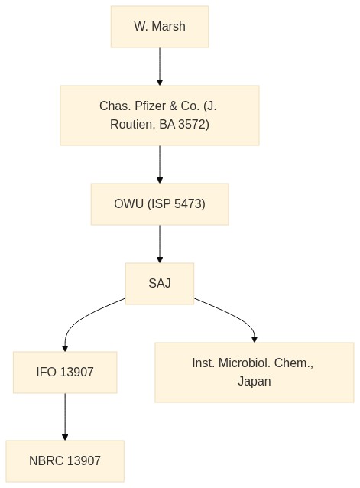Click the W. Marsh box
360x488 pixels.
pos(160,27)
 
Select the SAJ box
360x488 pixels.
pos(160,284)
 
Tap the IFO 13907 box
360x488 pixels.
pos(65,373)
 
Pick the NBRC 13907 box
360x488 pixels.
pos(65,461)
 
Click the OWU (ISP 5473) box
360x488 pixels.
pos(160,204)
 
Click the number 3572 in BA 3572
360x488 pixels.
pos(192,125)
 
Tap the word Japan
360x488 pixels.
pos(255,382)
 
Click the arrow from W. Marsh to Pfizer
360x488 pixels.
pos(160,67)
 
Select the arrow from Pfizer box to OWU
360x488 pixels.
pos(160,164)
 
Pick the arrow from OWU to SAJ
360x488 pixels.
pos(160,244)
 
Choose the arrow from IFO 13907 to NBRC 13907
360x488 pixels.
pos(65,417)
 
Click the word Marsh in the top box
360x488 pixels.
pos(168,27)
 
